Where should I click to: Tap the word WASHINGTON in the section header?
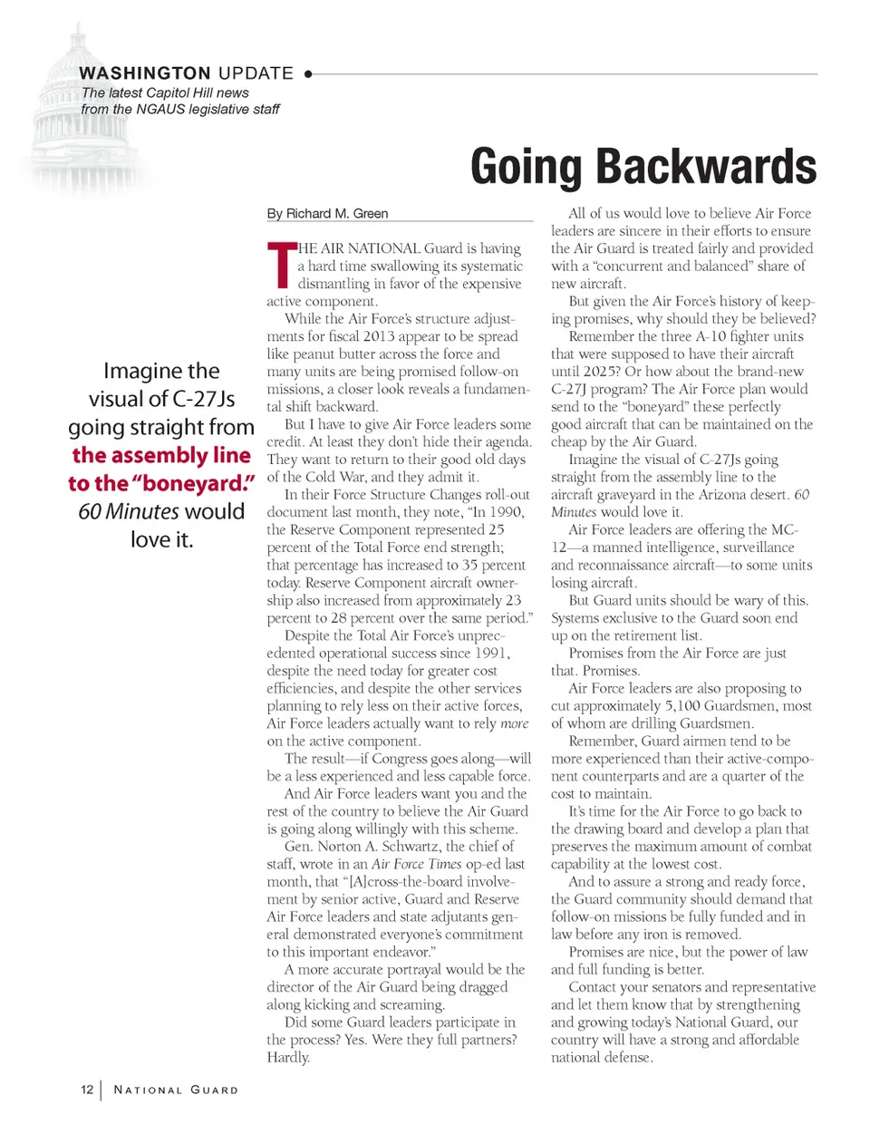click(145, 73)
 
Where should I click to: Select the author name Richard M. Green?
click(337, 214)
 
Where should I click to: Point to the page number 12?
click(87, 1090)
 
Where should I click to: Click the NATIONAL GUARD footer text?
click(176, 1090)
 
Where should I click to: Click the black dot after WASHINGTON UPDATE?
click(308, 74)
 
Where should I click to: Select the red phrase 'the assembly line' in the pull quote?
click(161, 455)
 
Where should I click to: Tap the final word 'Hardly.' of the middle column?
click(288, 1058)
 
